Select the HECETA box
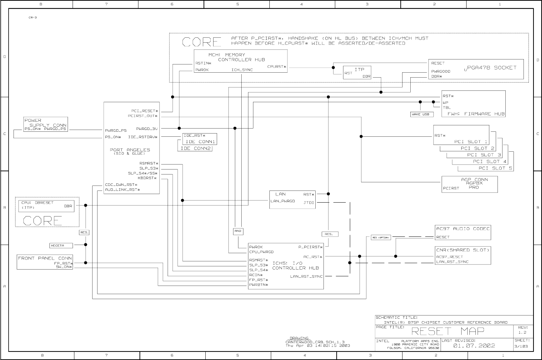tap(62, 245)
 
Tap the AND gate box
tap(238, 231)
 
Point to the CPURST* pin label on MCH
tap(277, 67)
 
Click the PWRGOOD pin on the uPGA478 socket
tap(441, 71)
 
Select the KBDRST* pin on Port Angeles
tap(148, 178)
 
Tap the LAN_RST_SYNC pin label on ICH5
tap(306, 276)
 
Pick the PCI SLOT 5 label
tap(495, 168)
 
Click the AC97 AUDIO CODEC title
tap(463, 229)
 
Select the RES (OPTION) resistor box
tap(381, 238)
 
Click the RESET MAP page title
tap(448, 331)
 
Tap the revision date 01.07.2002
tap(474, 346)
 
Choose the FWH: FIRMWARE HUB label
tap(476, 114)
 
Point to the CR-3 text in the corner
tap(33, 17)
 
